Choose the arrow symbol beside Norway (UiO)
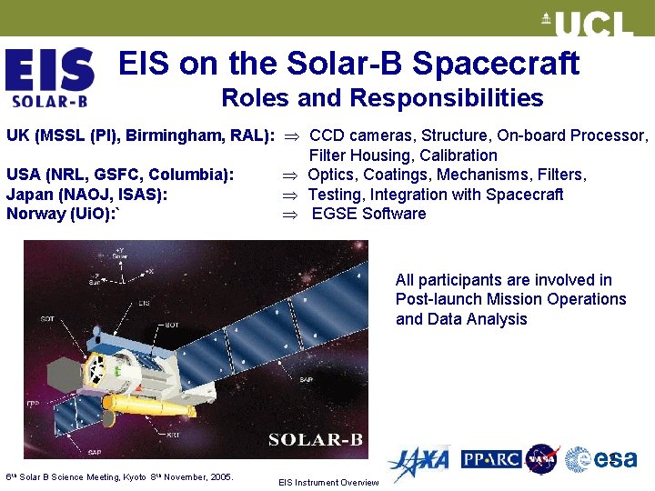(x=290, y=215)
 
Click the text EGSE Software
(x=368, y=215)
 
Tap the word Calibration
(x=458, y=155)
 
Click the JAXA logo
(x=419, y=462)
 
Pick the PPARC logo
(x=491, y=460)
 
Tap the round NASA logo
(x=542, y=460)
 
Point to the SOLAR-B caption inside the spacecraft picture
(x=316, y=440)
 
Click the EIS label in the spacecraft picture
(x=145, y=304)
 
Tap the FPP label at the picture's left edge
(x=32, y=402)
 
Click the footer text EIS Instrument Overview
(x=327, y=483)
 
